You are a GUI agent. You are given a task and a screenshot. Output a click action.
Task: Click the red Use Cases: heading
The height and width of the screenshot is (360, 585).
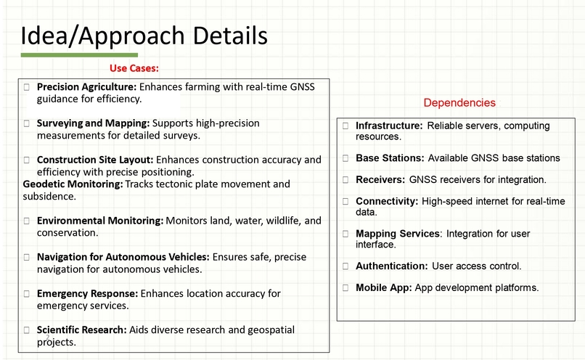(134, 68)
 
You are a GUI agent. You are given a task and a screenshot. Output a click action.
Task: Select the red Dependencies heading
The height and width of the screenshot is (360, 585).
(459, 103)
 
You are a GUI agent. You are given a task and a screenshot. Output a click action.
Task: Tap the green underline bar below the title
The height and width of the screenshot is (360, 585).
(79, 55)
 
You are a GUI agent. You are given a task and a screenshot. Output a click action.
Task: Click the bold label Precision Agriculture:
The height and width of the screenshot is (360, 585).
(86, 86)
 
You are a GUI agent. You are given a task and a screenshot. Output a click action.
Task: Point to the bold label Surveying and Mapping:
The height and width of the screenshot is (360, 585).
(93, 123)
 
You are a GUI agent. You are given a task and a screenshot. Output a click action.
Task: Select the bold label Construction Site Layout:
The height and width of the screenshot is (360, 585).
(94, 160)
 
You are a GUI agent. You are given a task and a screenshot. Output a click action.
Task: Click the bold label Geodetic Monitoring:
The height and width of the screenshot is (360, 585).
(73, 184)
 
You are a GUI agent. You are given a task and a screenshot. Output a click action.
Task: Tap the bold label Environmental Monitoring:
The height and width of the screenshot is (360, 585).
(99, 221)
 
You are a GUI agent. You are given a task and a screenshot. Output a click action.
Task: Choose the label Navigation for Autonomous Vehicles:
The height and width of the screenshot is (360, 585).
(123, 257)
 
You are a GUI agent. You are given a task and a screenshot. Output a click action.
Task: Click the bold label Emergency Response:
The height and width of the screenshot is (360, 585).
(87, 293)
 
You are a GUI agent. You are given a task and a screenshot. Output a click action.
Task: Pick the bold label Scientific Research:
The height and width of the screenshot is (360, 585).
(81, 330)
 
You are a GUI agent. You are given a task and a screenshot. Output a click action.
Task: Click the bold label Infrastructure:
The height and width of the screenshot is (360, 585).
(388, 126)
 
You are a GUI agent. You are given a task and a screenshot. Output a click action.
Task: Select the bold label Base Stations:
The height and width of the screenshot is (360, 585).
(390, 157)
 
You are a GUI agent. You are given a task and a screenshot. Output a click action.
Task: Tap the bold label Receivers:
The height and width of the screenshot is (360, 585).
(380, 179)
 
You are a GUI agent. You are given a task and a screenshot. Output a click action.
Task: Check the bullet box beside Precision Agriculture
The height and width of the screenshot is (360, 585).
(27, 86)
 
